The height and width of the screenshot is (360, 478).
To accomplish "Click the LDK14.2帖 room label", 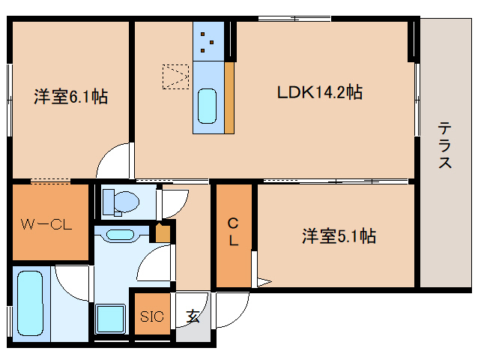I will point(320,93).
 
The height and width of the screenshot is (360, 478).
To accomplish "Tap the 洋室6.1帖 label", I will point(70,97).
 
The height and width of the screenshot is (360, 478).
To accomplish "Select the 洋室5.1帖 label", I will point(339,236).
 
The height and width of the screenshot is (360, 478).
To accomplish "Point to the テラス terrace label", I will point(445,145).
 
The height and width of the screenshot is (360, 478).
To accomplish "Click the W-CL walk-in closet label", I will point(46,223).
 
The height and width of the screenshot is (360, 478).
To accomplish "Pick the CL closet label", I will point(234,232).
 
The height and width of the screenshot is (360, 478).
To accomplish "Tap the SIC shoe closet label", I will point(152,316).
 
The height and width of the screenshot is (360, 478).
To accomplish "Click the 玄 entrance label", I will point(193,316).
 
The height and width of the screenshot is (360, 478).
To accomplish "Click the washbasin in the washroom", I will point(120,235).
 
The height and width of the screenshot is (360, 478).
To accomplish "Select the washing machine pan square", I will point(113,319).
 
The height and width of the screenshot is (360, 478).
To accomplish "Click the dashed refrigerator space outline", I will point(177,76).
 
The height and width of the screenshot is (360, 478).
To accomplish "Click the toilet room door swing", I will point(174,203).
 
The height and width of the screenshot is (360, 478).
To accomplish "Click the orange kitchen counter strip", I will point(229,97).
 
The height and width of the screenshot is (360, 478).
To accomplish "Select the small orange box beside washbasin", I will point(162,233).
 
